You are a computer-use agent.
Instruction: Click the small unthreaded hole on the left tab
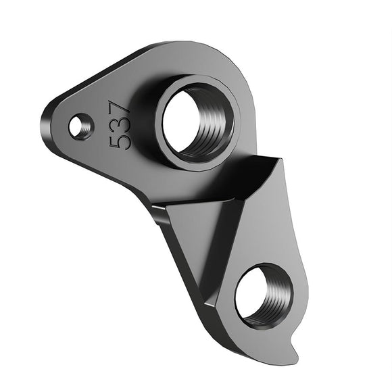pyautogui.click(x=81, y=124)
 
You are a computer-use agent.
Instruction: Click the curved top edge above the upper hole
pyautogui.click(x=203, y=47)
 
